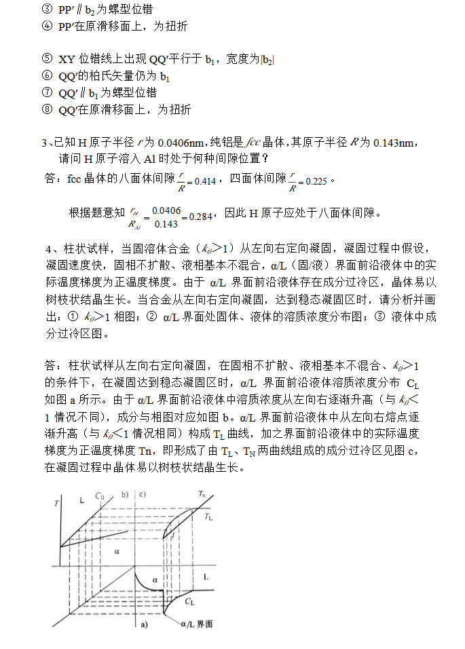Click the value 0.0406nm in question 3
coord(179,143)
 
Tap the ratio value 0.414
coord(205,181)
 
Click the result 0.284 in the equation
coord(201,216)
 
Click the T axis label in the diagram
coord(55,503)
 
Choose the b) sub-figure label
coord(125,495)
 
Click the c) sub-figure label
coord(143,495)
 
